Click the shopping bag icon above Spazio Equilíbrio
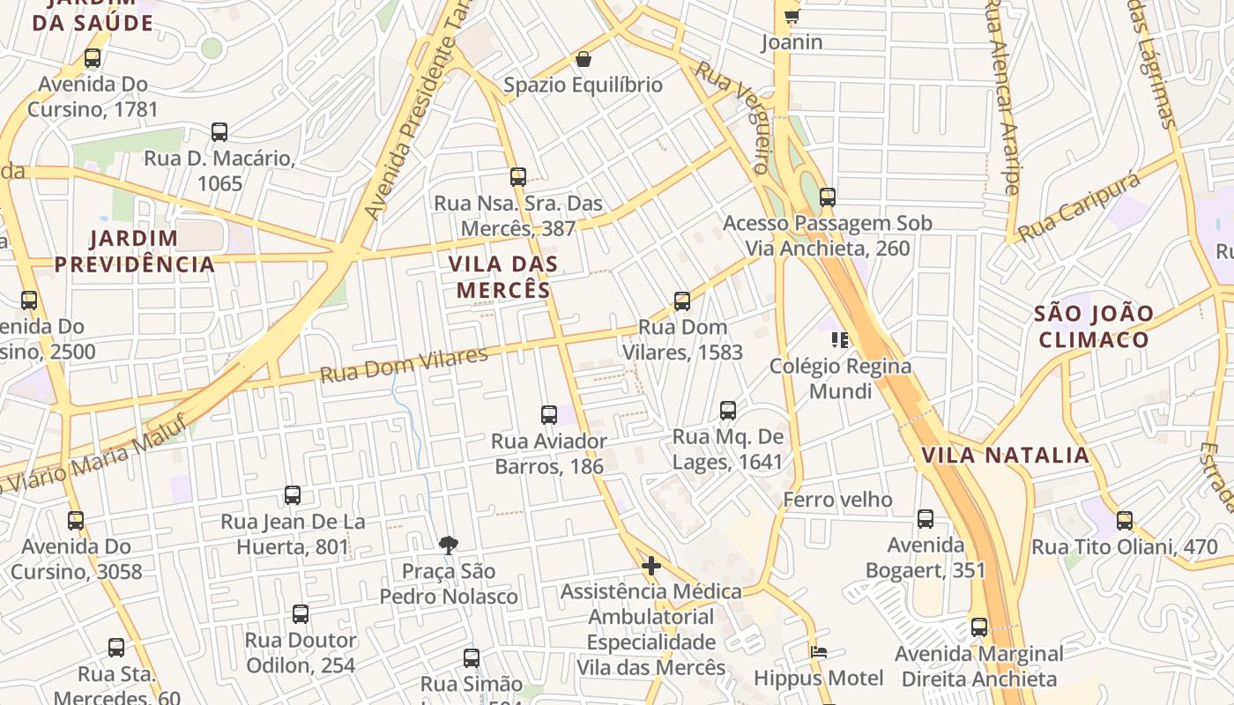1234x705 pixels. pyautogui.click(x=583, y=59)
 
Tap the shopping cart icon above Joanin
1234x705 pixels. pyautogui.click(x=792, y=16)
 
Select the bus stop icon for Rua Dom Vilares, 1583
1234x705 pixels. pyautogui.click(x=682, y=301)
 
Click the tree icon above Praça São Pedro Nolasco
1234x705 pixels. pyautogui.click(x=449, y=545)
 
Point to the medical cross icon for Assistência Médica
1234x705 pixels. pyautogui.click(x=651, y=565)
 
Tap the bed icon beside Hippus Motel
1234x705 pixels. pyautogui.click(x=819, y=653)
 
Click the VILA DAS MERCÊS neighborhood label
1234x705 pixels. pyautogui.click(x=503, y=277)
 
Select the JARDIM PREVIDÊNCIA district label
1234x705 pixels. pyautogui.click(x=135, y=251)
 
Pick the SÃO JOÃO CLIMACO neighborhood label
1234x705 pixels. pyautogui.click(x=1093, y=327)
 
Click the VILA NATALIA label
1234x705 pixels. pyautogui.click(x=1005, y=456)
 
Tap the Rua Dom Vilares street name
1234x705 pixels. pyautogui.click(x=404, y=365)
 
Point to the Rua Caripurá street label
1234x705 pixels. pyautogui.click(x=1079, y=209)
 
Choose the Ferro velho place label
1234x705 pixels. pyautogui.click(x=837, y=500)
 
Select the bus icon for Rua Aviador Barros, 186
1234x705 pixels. pyautogui.click(x=549, y=414)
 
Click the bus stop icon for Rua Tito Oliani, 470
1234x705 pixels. pyautogui.click(x=1125, y=520)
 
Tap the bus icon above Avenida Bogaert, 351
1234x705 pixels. pyautogui.click(x=925, y=519)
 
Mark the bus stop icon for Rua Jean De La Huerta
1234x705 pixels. pyautogui.click(x=293, y=495)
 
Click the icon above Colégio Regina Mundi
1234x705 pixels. pyautogui.click(x=839, y=339)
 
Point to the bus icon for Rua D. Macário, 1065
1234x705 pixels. pyautogui.click(x=219, y=132)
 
